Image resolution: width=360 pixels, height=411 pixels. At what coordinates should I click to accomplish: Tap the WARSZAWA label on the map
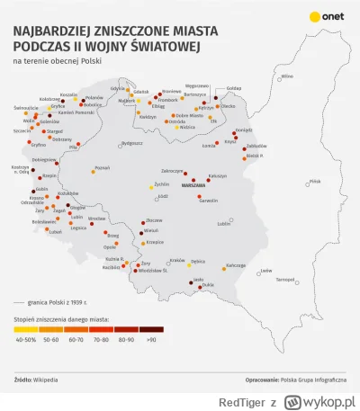193,183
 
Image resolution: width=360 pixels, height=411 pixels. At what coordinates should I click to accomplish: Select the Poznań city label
102,166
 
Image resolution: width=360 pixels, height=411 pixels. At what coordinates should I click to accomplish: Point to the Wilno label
287,76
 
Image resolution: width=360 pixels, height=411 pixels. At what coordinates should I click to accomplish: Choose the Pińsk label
315,181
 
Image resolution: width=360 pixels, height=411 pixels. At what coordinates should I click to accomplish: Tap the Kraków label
177,260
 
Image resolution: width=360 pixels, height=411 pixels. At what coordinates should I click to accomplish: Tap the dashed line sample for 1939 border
23,303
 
